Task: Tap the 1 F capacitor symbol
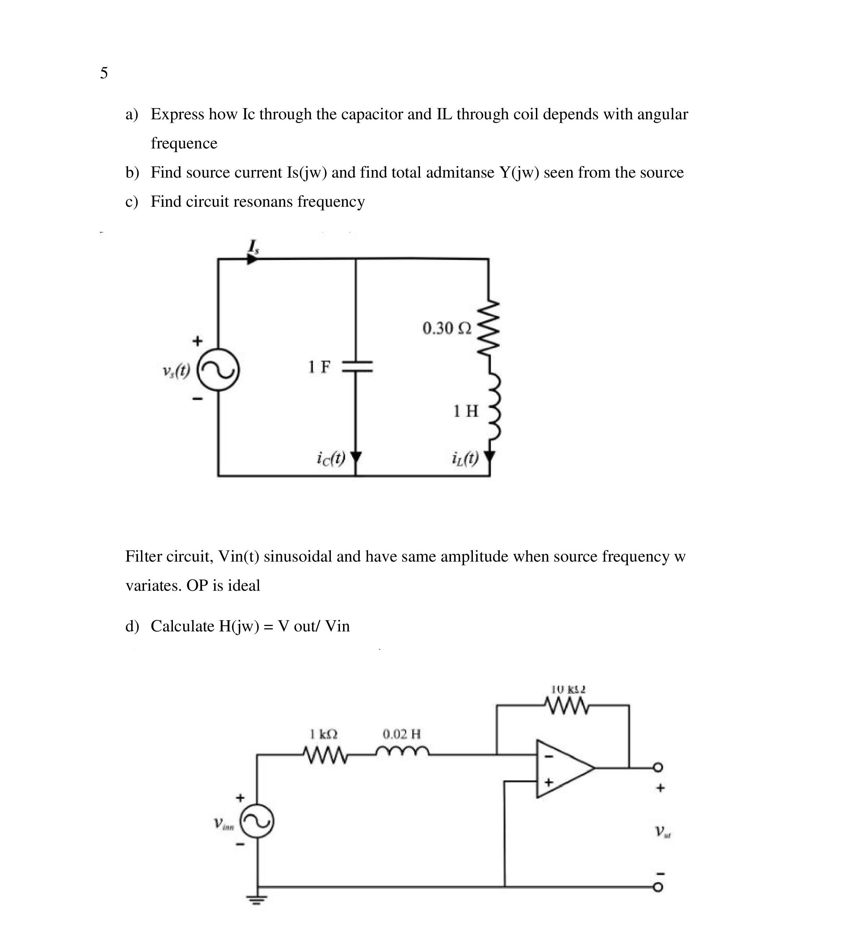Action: coord(356,367)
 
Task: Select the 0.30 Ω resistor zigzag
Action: coord(488,327)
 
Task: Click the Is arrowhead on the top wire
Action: coord(252,259)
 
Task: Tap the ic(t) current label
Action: coord(331,458)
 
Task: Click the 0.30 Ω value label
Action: coord(446,328)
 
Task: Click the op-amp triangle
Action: coord(563,768)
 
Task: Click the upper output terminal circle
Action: coord(658,768)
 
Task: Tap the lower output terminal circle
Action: coord(658,887)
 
